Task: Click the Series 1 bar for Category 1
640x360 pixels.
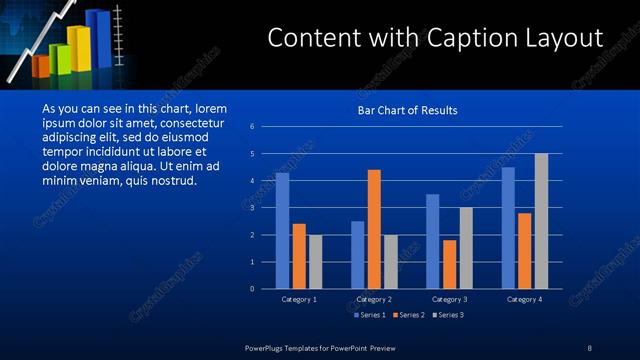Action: click(282, 230)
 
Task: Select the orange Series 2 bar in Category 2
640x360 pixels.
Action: click(374, 229)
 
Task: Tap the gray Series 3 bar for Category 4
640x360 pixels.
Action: click(541, 221)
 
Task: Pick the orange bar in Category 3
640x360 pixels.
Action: click(449, 264)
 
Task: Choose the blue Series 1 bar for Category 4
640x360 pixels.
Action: click(508, 227)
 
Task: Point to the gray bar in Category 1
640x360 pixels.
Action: click(315, 262)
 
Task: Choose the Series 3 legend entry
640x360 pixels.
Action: click(448, 315)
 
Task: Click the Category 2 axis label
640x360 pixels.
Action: click(374, 299)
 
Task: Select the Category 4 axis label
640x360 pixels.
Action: click(524, 299)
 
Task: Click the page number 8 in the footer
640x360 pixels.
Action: click(589, 347)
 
